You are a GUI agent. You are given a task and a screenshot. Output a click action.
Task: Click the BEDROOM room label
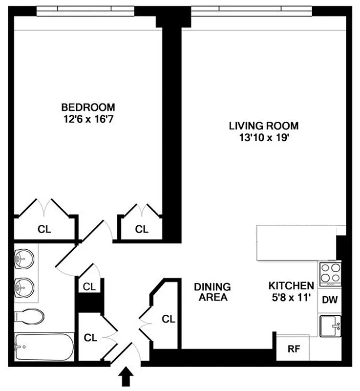coord(88,107)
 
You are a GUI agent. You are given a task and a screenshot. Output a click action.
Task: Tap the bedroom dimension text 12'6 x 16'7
coord(88,118)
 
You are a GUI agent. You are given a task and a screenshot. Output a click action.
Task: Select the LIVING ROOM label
coord(264,126)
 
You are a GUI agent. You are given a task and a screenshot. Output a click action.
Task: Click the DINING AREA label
coord(212,292)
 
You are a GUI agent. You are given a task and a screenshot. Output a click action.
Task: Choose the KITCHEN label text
coord(291,286)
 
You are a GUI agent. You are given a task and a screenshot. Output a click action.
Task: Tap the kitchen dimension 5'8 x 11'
coord(291,297)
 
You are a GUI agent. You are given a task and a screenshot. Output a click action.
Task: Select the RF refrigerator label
coord(293,349)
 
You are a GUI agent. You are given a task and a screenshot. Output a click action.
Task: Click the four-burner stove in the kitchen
coord(330,274)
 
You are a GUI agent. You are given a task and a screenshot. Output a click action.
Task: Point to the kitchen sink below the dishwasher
coord(330,325)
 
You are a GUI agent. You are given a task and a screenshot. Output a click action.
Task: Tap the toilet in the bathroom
coord(28,316)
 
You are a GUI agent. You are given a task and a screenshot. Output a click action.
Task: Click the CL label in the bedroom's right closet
coord(142,229)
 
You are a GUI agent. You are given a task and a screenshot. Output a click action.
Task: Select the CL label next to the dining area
coord(169,319)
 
